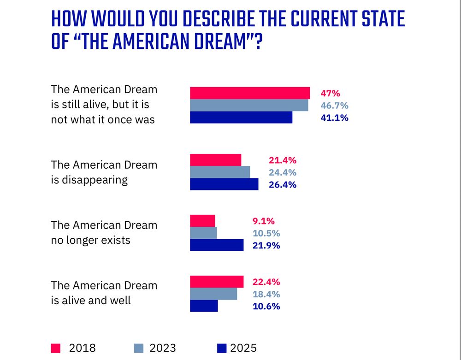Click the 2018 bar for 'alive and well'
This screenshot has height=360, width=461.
[x=217, y=282]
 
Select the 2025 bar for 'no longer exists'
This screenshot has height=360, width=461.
[x=217, y=245]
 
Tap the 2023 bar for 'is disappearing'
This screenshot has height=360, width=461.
[x=220, y=172]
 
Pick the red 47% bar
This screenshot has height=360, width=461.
[x=250, y=93]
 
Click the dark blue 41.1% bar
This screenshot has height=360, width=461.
[x=241, y=117]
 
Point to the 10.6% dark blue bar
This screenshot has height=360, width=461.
[x=204, y=306]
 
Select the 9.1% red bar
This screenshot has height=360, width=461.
[x=202, y=221]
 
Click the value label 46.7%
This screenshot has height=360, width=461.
[x=334, y=105]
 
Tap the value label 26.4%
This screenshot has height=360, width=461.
[x=283, y=185]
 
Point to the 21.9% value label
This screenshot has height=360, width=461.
[x=266, y=245]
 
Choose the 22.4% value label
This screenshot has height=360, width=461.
[x=266, y=282]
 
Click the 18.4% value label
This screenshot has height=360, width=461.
[x=266, y=294]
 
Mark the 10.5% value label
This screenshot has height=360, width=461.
[x=266, y=233]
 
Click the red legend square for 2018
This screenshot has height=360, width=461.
[x=55, y=348]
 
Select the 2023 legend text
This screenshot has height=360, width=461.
[x=163, y=348]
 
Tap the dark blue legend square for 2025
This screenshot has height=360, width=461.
[x=221, y=348]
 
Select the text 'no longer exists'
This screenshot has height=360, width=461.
[x=90, y=240]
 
